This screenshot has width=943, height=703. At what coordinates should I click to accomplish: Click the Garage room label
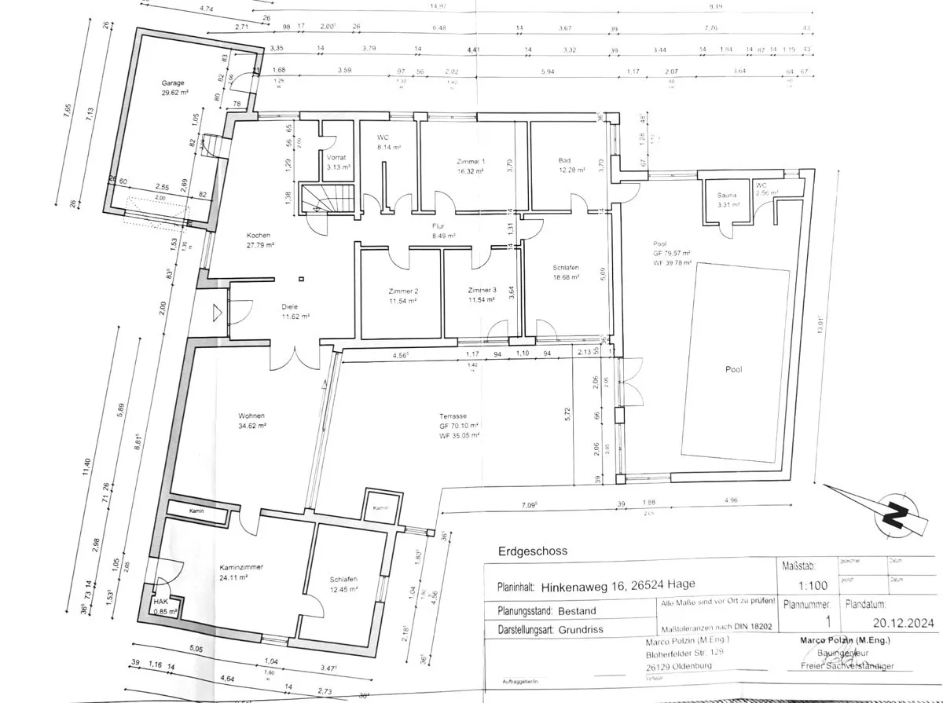click(x=172, y=82)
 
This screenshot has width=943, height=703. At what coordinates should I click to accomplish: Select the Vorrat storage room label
click(x=338, y=157)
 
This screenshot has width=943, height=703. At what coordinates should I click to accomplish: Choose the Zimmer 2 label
click(x=402, y=290)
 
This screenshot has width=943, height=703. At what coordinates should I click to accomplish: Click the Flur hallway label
click(x=438, y=225)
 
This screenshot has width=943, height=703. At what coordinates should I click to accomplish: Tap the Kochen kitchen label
click(x=258, y=236)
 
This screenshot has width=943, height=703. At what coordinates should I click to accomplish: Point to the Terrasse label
click(x=453, y=416)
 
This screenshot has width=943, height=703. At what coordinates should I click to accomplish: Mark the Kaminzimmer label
click(x=242, y=566)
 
